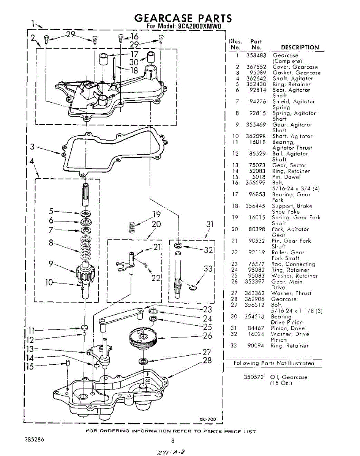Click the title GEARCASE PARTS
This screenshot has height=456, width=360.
(x=183, y=18)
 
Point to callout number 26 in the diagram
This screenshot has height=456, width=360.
(x=207, y=336)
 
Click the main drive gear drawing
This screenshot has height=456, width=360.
(x=142, y=336)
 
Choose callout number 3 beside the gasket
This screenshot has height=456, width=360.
(x=32, y=147)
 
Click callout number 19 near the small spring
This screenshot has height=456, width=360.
(x=157, y=214)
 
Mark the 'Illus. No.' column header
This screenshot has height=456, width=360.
(x=235, y=44)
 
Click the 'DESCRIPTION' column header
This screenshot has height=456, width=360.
(x=300, y=47)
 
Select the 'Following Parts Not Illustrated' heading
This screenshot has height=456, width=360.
(x=274, y=363)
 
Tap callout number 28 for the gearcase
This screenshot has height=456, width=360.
(x=207, y=360)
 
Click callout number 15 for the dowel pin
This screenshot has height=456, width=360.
(x=30, y=366)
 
